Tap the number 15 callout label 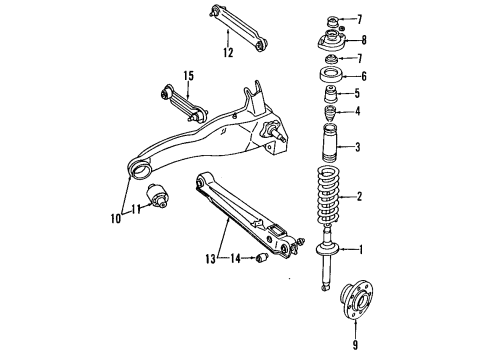(x=188, y=73)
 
